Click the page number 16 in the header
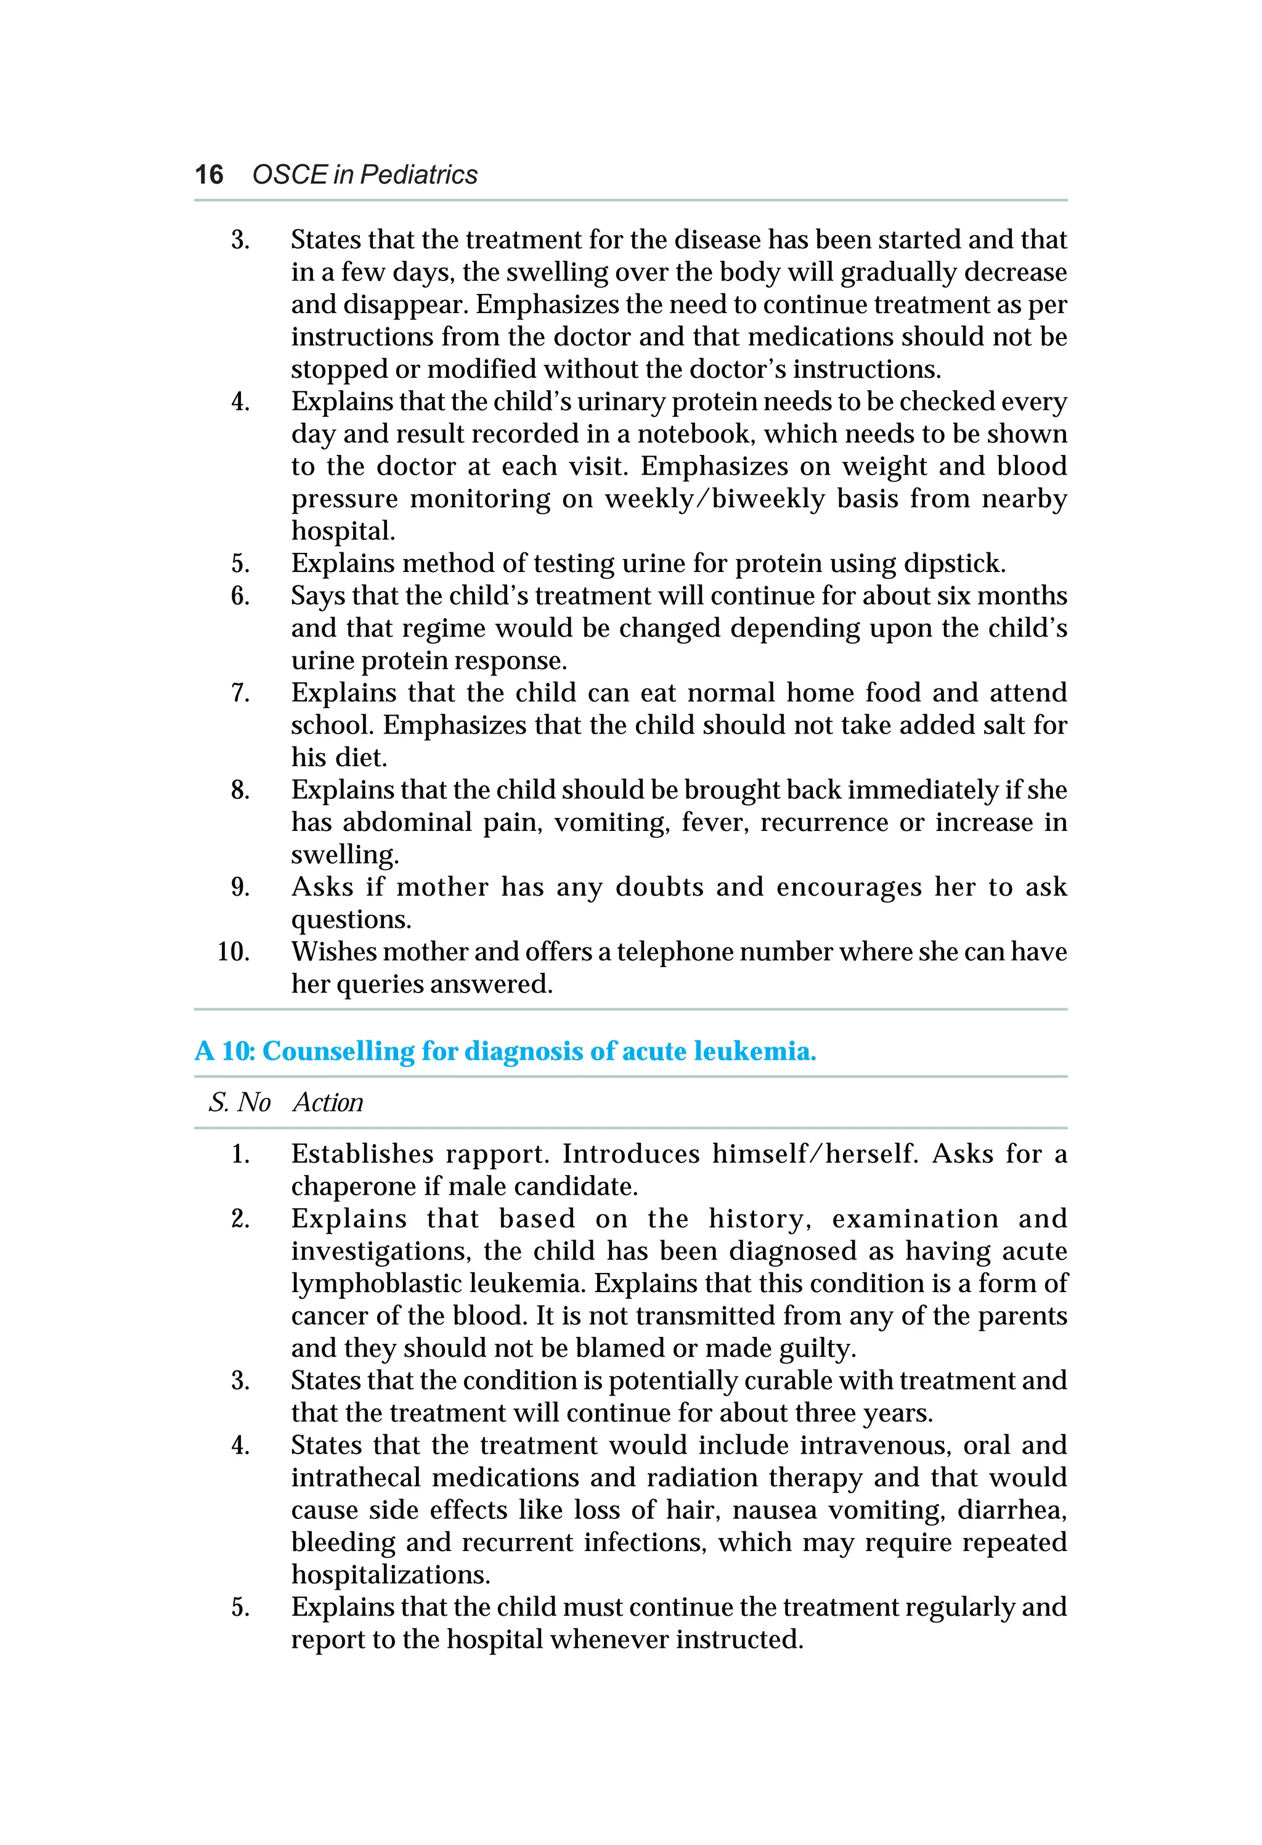(x=209, y=174)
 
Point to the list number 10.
(x=234, y=952)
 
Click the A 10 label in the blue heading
(x=225, y=1051)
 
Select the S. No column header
(x=239, y=1103)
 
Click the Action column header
(x=328, y=1103)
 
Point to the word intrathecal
(x=355, y=1478)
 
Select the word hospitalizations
(x=391, y=1575)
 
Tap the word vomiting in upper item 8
(x=611, y=822)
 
